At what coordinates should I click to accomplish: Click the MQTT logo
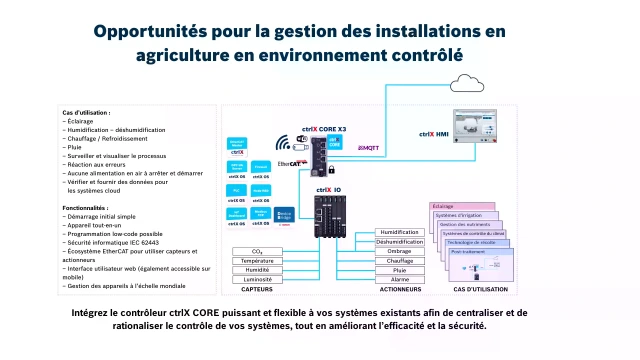368,147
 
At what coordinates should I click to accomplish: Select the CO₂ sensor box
257,251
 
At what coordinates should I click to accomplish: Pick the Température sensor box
257,260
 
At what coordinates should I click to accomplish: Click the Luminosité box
257,279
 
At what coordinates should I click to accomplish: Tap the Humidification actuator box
399,232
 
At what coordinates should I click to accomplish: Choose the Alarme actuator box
399,279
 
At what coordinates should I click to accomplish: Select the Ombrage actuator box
399,251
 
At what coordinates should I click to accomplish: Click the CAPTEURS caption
257,291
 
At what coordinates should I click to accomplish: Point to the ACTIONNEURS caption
399,291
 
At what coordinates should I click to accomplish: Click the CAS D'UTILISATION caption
476,291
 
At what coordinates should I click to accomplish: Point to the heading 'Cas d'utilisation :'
86,113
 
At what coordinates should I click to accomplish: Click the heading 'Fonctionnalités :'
85,208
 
